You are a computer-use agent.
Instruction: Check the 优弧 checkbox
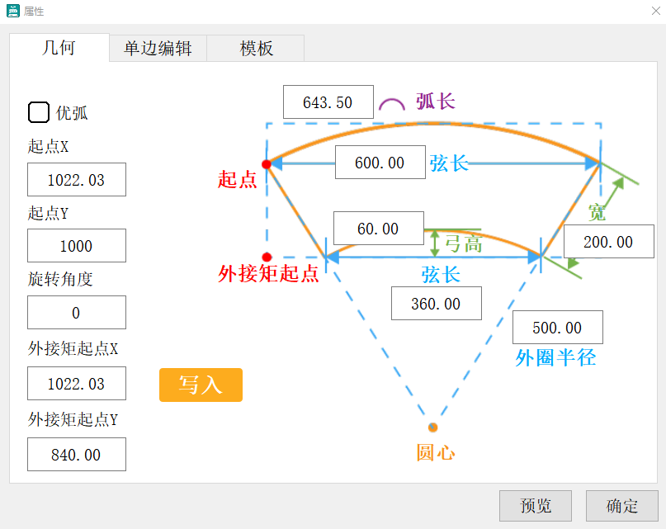(x=39, y=112)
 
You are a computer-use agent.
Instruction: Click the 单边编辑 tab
(x=158, y=49)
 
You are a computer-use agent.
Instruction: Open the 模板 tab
(x=256, y=49)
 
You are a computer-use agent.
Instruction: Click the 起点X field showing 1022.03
(x=77, y=180)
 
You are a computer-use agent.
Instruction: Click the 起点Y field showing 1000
(x=77, y=246)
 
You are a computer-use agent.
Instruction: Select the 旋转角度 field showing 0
(x=77, y=313)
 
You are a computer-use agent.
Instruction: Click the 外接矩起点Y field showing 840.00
(x=77, y=455)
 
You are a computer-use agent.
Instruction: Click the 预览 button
(x=536, y=506)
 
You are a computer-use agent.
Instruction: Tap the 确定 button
(x=621, y=506)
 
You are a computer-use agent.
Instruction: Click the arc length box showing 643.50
(x=328, y=102)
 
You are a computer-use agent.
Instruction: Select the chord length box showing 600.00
(x=380, y=163)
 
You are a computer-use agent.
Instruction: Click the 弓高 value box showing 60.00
(x=378, y=229)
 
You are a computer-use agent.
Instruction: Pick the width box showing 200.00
(x=608, y=242)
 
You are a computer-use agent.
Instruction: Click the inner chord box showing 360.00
(x=436, y=304)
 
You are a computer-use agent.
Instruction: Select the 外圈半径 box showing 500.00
(x=557, y=328)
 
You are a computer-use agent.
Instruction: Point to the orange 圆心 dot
(x=432, y=427)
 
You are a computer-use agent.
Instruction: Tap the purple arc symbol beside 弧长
(x=391, y=104)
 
